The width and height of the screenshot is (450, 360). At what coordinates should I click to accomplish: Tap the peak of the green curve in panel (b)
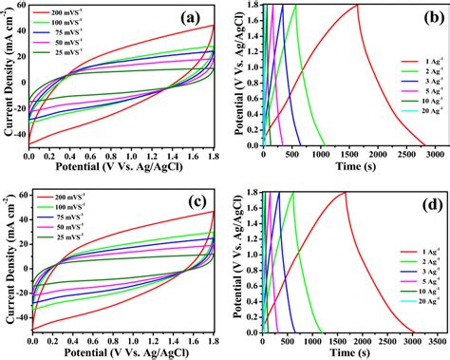(x=295, y=6)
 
